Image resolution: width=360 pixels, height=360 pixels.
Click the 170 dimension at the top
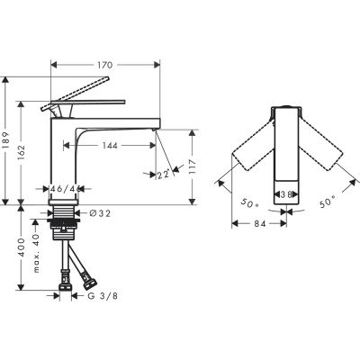point(104,65)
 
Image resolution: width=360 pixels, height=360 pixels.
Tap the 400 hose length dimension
point(20,259)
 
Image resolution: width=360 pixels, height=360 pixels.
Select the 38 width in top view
point(283,193)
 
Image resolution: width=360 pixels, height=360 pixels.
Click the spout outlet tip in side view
point(154,132)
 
